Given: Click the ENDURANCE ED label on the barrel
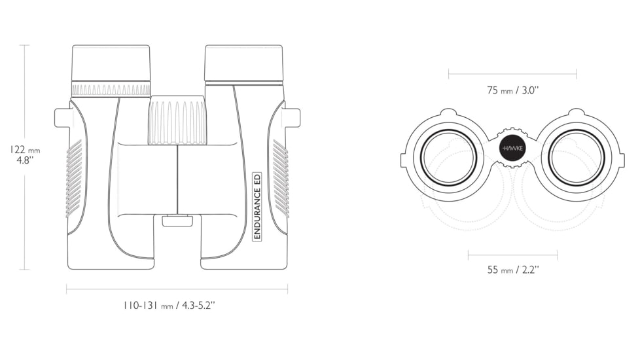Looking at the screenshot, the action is (x=257, y=206).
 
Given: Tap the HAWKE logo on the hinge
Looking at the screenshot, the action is (x=512, y=148).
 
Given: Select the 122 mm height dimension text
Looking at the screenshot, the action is (x=25, y=154).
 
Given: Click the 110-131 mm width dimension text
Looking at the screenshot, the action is (x=169, y=305).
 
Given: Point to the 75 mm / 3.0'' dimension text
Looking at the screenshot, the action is (x=512, y=90).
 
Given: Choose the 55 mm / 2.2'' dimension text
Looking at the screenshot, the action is (x=512, y=270).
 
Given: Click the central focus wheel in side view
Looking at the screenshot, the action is (x=177, y=120).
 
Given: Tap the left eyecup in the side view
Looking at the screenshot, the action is (x=111, y=63).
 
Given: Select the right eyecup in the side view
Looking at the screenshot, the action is (x=243, y=63).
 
